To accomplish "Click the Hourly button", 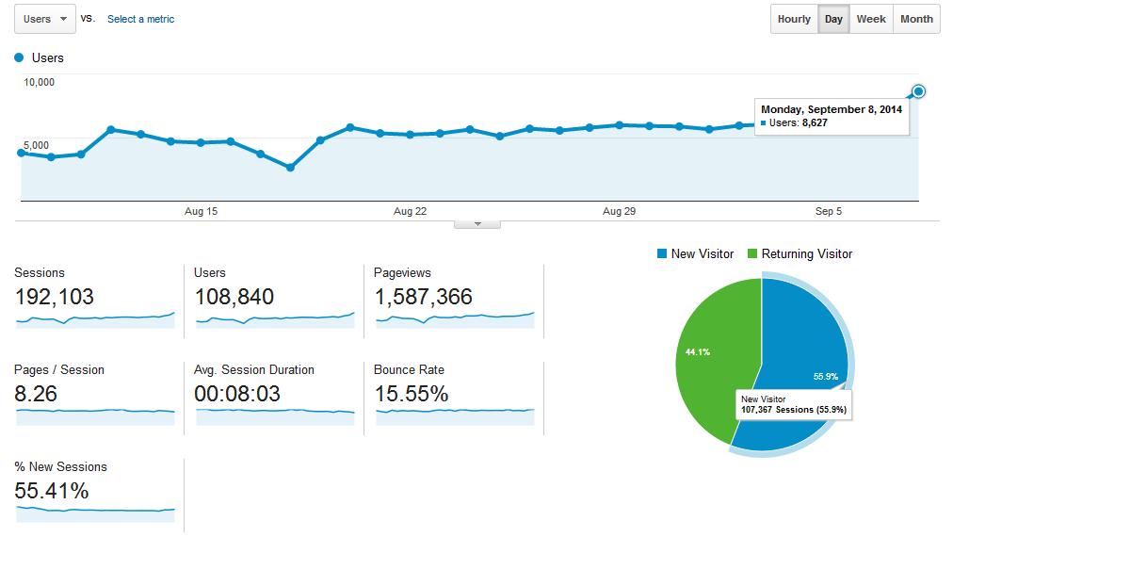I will [x=794, y=19].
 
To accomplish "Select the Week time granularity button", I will [x=870, y=19].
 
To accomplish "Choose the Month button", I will [x=915, y=19].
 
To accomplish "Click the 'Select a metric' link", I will [x=140, y=19].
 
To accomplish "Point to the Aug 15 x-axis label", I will [x=201, y=211].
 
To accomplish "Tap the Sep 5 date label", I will [x=828, y=211].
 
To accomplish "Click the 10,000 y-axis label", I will [x=40, y=82].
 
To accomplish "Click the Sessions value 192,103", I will [x=55, y=297].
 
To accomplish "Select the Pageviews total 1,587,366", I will [x=423, y=297].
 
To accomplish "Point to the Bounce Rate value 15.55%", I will [x=411, y=394].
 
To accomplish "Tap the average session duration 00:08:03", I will [x=237, y=394].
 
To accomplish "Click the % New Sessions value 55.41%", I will [x=52, y=491].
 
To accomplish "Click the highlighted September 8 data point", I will [x=919, y=91].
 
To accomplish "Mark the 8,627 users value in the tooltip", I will [x=815, y=122].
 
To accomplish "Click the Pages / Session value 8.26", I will [x=36, y=394].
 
